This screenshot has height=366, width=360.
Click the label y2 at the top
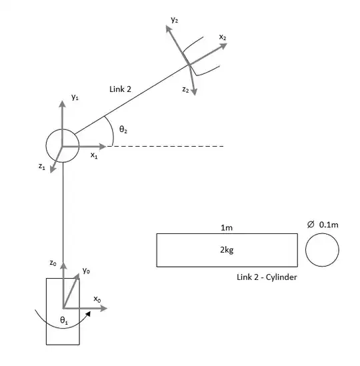tap(174, 21)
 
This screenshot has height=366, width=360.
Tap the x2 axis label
tap(222, 38)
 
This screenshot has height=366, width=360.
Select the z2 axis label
tap(185, 89)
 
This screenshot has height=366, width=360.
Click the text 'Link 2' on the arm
tap(121, 89)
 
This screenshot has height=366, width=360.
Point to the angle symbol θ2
tap(123, 128)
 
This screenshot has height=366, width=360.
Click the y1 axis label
tap(75, 97)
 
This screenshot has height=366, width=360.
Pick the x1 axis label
tap(94, 155)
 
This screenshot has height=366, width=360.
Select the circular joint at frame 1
tap(62, 145)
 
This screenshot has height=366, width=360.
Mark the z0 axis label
tap(53, 263)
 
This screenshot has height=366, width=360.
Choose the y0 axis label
tap(86, 270)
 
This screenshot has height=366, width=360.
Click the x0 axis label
tap(97, 299)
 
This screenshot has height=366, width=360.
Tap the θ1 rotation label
tap(64, 321)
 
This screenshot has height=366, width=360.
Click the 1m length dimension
tap(227, 227)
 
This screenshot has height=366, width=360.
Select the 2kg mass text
tap(227, 251)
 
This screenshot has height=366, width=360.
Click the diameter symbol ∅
tap(311, 225)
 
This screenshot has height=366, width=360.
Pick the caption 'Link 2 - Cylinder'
tap(267, 277)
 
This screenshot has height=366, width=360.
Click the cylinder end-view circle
tap(323, 251)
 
